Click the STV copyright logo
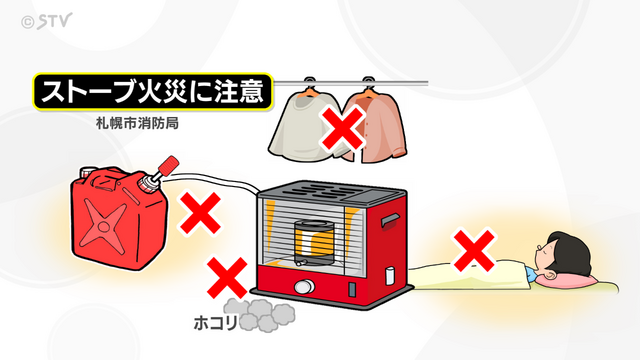pyautogui.click(x=47, y=21)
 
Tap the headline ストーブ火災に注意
pyautogui.click(x=152, y=91)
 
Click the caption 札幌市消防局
pyautogui.click(x=138, y=123)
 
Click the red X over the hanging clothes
pyautogui.click(x=342, y=127)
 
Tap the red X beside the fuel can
pyautogui.click(x=200, y=213)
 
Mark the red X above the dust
pyautogui.click(x=227, y=277)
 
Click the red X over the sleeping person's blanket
pyautogui.click(x=474, y=250)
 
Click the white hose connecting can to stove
pyautogui.click(x=213, y=180)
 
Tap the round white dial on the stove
pyautogui.click(x=304, y=287)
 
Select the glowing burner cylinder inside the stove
pyautogui.click(x=314, y=242)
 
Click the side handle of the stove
pyautogui.click(x=389, y=220)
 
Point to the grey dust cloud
pyautogui.click(x=259, y=315)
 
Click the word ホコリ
pyautogui.click(x=215, y=323)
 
